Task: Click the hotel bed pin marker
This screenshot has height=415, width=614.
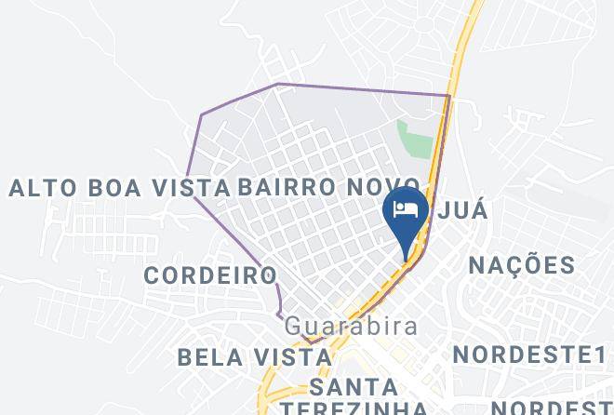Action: pyautogui.click(x=406, y=214)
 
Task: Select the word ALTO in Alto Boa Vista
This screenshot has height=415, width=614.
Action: pyautogui.click(x=41, y=188)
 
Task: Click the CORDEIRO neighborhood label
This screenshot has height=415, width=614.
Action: pyautogui.click(x=210, y=275)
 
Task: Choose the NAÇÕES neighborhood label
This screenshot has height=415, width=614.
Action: pyautogui.click(x=521, y=265)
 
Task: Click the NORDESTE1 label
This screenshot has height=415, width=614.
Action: pyautogui.click(x=528, y=355)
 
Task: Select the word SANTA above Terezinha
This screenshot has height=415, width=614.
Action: pyautogui.click(x=354, y=386)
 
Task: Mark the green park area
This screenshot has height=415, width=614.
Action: pyautogui.click(x=416, y=139)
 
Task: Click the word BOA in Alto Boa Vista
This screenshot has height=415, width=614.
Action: pyautogui.click(x=116, y=188)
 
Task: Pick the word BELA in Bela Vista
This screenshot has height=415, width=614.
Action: pyautogui.click(x=203, y=356)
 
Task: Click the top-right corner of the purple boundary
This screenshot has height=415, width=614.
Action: pyautogui.click(x=449, y=95)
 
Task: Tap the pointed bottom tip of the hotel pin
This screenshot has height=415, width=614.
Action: pyautogui.click(x=406, y=259)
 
